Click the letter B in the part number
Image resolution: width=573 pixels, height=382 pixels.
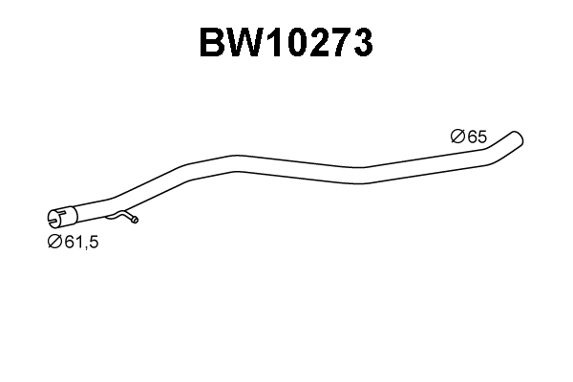[x=213, y=43]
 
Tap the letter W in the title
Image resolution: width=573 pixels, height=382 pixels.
[x=245, y=43]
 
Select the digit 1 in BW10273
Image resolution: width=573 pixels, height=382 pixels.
[x=275, y=43]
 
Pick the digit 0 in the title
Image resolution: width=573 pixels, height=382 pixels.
[x=297, y=43]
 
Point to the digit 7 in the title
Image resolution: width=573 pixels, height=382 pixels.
[x=342, y=43]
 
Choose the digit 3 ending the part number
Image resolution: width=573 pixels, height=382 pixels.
[x=363, y=43]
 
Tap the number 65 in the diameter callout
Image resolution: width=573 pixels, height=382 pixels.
[x=477, y=138]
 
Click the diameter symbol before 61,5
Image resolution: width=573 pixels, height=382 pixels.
[x=54, y=242]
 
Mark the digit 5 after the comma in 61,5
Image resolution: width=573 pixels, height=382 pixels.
[x=94, y=242]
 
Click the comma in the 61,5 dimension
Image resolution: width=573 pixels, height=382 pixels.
[x=85, y=246]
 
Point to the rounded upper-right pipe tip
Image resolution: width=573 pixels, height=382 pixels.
[x=519, y=137]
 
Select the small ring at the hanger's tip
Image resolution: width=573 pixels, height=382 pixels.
[x=135, y=221]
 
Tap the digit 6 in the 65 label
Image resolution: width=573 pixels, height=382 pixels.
[x=472, y=138]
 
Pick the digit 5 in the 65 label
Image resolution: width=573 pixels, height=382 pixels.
[x=482, y=138]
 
